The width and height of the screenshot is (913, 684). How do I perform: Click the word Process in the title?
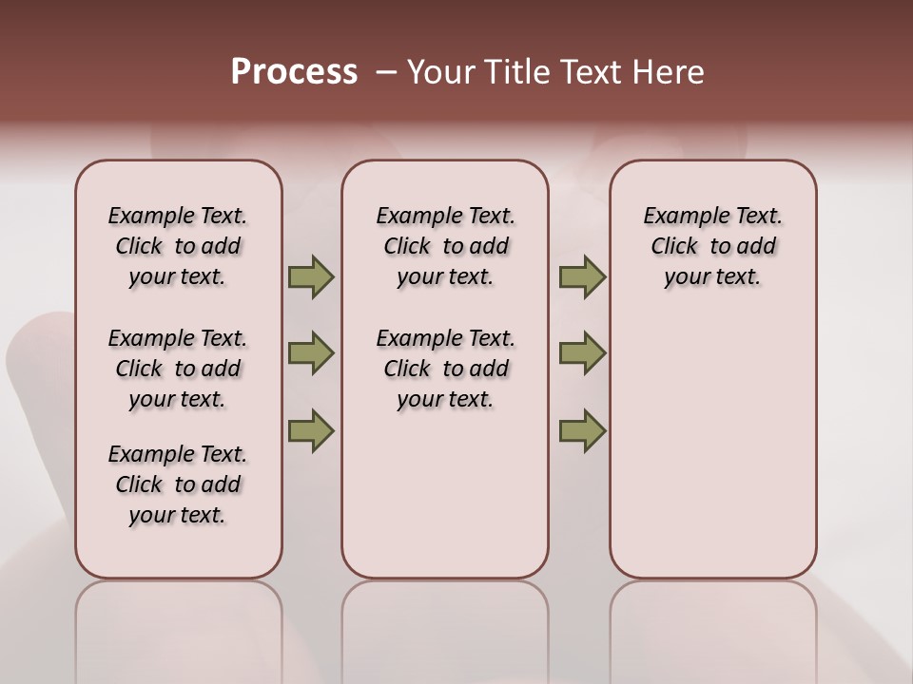coord(294,72)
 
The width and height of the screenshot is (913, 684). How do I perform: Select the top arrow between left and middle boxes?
coord(311,277)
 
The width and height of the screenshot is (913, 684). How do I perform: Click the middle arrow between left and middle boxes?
coord(311,353)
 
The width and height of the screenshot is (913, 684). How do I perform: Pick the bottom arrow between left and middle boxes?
coord(311,430)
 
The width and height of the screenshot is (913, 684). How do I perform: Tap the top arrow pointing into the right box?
coord(582,277)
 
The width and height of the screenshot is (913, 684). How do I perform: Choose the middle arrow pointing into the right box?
coord(582,353)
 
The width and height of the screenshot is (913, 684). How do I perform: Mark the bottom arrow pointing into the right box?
coord(582,430)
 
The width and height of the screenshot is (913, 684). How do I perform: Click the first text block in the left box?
coord(178,246)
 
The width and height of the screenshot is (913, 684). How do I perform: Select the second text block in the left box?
coord(178,369)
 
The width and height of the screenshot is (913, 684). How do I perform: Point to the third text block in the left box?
coord(178,484)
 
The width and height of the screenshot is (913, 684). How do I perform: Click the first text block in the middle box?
coord(445,246)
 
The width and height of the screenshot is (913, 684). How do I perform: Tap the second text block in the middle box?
coord(445,369)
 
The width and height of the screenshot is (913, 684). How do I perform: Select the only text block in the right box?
coord(712,246)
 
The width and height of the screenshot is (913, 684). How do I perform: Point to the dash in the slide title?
coord(386,72)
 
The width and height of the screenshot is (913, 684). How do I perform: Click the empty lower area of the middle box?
coord(445,494)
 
